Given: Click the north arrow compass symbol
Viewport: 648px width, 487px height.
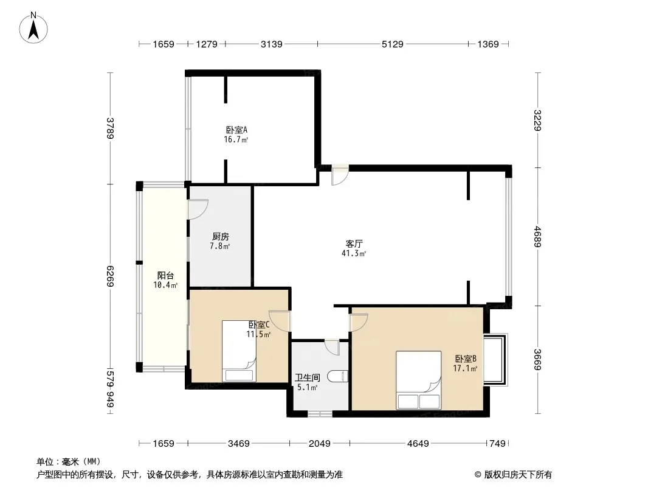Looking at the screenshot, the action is pos(33,28).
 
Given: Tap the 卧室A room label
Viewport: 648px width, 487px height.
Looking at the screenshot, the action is pos(236,130).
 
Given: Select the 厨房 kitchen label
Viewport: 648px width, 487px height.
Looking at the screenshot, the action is pos(220,237).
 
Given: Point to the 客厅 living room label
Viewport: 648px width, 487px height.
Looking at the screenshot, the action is pos(354,243).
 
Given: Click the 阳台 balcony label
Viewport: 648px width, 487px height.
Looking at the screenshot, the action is pos(165,276).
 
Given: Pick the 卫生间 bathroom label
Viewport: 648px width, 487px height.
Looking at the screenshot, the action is pos(307,378).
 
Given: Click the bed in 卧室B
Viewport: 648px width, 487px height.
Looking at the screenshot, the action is pos(419,380).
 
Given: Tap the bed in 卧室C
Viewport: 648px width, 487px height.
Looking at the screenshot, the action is pos(240,351).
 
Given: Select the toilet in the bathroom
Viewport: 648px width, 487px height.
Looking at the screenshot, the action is pos(337,377).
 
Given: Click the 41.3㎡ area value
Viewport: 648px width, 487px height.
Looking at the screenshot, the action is pos(354,254).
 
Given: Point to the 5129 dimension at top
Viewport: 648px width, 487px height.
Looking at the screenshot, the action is pos(392,44).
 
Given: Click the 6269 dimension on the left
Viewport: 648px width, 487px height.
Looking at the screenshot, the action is pos(110,276).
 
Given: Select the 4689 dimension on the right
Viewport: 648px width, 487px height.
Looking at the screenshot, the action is pos(537,237).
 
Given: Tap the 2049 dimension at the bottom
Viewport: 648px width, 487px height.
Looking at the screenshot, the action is pos(320,444).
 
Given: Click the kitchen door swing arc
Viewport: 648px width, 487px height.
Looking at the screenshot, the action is pos(198,209).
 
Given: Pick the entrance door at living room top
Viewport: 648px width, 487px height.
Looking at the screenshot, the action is pos(340,175).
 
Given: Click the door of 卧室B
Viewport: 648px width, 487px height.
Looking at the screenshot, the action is pos(359,323).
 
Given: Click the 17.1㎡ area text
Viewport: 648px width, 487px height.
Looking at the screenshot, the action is pos(466,368).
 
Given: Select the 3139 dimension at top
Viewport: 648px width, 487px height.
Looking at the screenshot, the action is pos(272,44).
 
